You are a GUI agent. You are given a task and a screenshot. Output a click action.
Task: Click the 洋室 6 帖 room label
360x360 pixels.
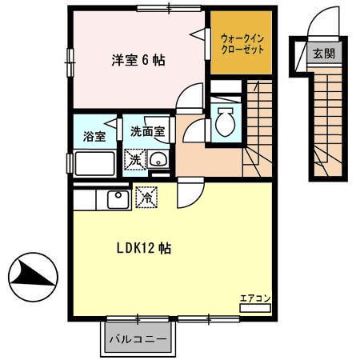click(138, 60)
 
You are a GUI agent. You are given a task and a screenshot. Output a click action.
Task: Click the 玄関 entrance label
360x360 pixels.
click(323, 54)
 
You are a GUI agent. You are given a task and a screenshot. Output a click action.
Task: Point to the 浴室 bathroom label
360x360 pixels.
click(94, 136)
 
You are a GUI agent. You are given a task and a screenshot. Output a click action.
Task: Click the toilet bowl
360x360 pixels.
click(225, 124)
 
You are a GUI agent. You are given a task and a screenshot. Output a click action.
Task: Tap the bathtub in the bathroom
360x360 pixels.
click(95, 166)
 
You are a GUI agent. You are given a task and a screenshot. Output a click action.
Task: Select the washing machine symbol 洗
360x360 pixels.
click(134, 159)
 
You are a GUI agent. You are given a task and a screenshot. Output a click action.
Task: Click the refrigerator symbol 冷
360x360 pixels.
click(146, 194)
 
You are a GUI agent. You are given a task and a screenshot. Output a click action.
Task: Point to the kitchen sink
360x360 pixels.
click(117, 195)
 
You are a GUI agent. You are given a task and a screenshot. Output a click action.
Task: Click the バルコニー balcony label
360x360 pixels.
click(138, 338)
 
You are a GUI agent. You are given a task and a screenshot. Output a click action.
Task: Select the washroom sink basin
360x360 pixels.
click(158, 158)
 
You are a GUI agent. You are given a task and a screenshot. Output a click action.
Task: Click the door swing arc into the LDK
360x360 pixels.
click(189, 193)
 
